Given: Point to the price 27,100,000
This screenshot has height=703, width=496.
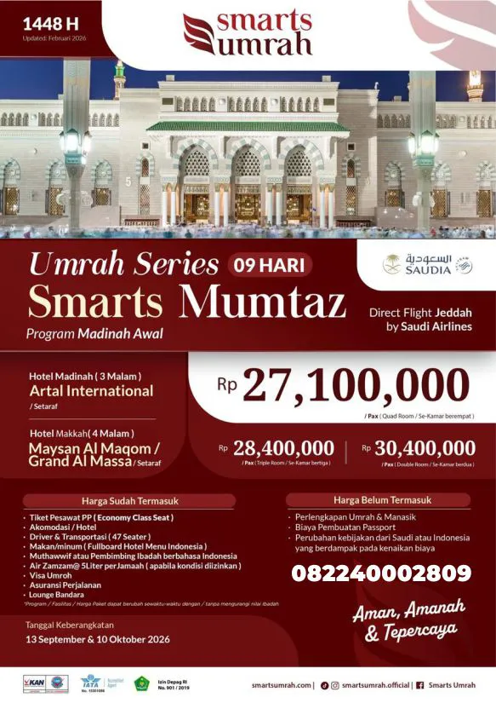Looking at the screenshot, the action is point(356,387).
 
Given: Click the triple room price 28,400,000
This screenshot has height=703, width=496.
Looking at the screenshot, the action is point(283,448).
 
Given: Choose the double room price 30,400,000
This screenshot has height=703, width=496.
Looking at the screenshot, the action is point(425,448).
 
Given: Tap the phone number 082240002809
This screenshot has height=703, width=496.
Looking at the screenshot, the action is point(381,573).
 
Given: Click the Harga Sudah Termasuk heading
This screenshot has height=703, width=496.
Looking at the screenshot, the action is point(130,501).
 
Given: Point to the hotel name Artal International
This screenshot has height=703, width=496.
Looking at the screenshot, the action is point(91,391).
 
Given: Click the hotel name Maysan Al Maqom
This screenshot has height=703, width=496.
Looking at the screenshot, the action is point(94,447).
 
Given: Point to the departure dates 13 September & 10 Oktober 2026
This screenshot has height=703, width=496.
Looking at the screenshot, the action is point(98,638).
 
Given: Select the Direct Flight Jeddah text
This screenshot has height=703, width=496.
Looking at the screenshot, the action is point(420,313).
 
